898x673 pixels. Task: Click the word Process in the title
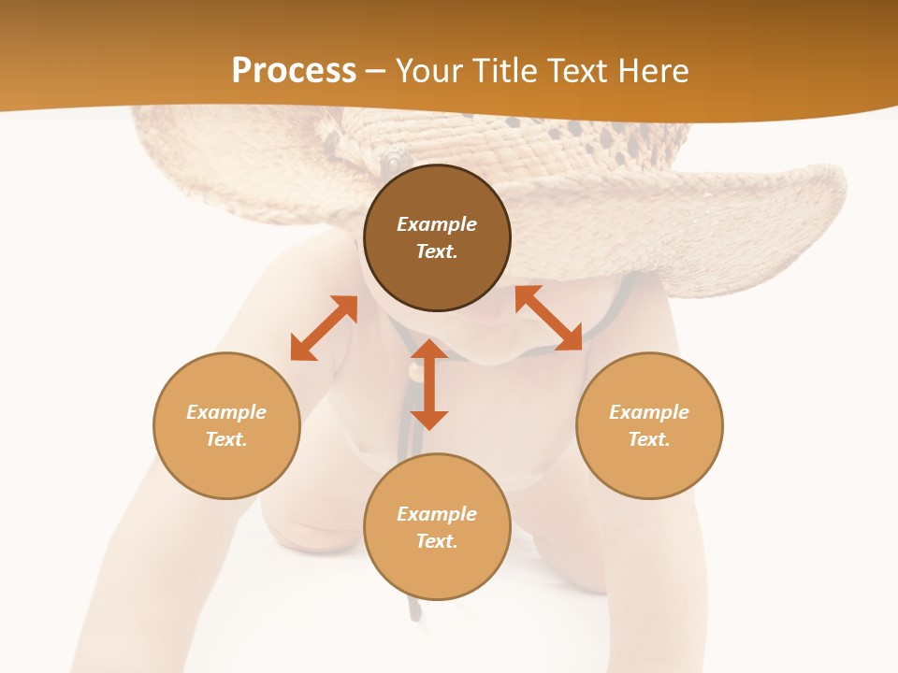click(294, 71)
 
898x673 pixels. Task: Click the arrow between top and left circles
click(325, 328)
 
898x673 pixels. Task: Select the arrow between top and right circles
click(548, 319)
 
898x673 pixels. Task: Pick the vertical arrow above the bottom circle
click(429, 384)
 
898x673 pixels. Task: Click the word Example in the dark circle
click(437, 224)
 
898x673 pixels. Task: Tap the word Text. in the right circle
click(649, 439)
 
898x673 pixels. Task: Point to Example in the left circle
click(226, 412)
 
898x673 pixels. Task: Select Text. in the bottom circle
click(437, 541)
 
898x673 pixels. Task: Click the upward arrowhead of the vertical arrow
click(429, 350)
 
